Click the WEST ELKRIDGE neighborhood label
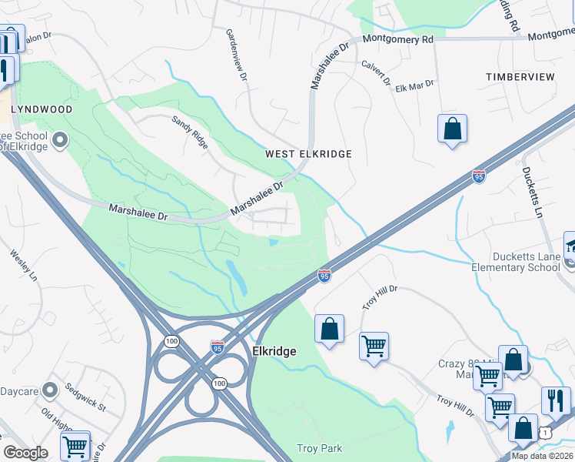pos(308,154)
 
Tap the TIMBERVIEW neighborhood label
pos(520,77)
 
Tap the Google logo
pos(25,452)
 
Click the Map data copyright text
pos(542,456)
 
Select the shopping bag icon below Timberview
pos(452,129)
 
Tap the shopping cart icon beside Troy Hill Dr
pos(374,346)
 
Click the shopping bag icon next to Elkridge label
pos(329,329)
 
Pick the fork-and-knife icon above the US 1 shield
pos(556,400)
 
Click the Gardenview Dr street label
pos(236,55)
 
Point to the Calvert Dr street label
pos(376,75)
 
